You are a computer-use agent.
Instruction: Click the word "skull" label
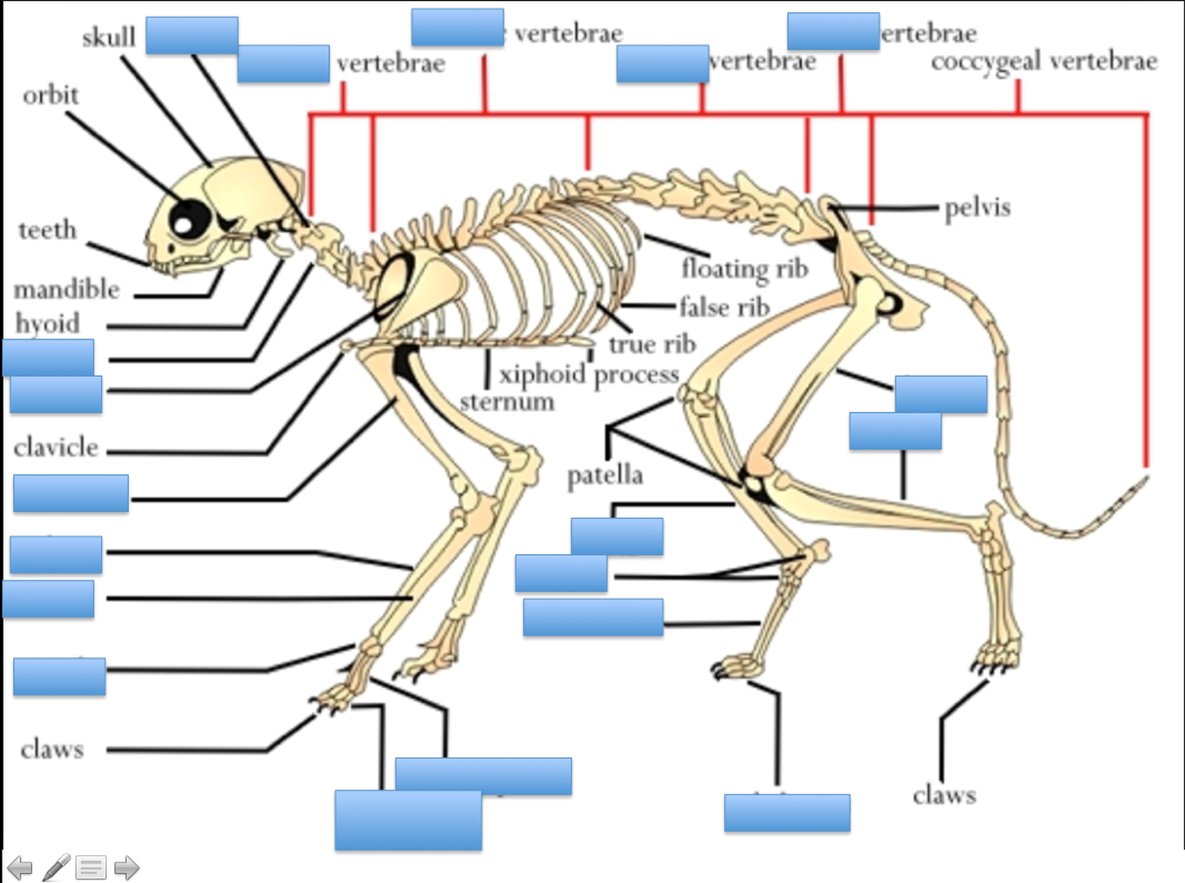click(x=108, y=37)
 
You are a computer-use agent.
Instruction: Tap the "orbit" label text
click(x=51, y=95)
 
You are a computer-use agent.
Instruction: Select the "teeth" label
click(x=47, y=230)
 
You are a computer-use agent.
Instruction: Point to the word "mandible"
click(x=67, y=289)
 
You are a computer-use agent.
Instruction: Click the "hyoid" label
click(x=47, y=322)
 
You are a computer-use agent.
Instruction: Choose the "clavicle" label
click(x=56, y=447)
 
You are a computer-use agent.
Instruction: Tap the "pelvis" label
click(x=977, y=208)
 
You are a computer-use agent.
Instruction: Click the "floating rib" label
click(x=744, y=267)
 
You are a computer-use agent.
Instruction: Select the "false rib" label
click(x=724, y=307)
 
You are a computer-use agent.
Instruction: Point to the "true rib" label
click(x=652, y=344)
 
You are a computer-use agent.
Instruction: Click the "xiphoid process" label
click(x=589, y=374)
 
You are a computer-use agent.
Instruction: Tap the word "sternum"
click(x=507, y=402)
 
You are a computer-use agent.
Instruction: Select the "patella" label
click(x=605, y=475)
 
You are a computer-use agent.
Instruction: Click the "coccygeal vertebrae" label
click(x=1044, y=61)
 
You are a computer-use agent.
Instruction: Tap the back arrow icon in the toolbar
click(x=20, y=867)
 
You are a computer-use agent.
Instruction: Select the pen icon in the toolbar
click(x=56, y=867)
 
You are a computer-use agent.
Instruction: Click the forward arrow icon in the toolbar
click(x=127, y=867)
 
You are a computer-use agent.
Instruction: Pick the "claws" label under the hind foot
click(x=943, y=794)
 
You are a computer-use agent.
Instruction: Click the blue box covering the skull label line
click(x=192, y=36)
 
